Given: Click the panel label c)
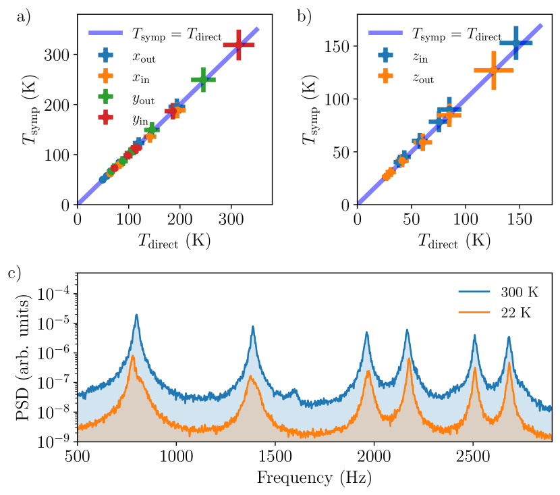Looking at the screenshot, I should pyautogui.click(x=24, y=276).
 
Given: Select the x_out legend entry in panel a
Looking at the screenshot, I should pyautogui.click(x=125, y=56).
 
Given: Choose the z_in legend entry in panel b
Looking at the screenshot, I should pyautogui.click(x=404, y=56).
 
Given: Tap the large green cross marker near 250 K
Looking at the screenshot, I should pyautogui.click(x=203, y=80).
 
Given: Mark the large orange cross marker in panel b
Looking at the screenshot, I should pyautogui.click(x=494, y=70).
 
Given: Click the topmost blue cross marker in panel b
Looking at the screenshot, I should pyautogui.click(x=515, y=43).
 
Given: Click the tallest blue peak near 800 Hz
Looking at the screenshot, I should pyautogui.click(x=136, y=315).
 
